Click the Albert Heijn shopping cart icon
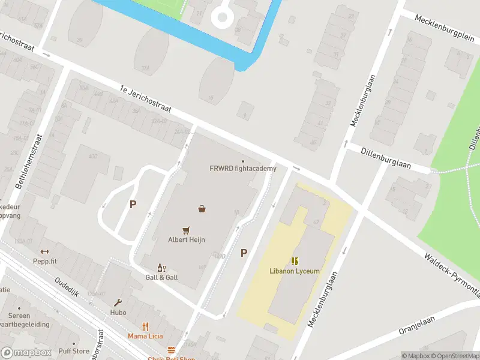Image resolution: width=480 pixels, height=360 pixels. (x=187, y=230)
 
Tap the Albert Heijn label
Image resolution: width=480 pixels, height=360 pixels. (x=187, y=240)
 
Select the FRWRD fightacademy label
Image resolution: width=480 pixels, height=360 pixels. (x=243, y=169)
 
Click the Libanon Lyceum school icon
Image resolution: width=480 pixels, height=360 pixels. (x=295, y=261)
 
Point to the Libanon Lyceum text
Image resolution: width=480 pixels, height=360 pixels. (x=295, y=271)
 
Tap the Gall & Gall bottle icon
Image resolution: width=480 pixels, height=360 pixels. (x=161, y=268)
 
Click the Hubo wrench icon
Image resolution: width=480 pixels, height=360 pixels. (x=118, y=302)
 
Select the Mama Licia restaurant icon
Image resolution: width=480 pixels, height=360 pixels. (x=145, y=327)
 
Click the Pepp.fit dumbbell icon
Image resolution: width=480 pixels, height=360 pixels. (x=44, y=252)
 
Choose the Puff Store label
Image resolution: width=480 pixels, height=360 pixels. (x=74, y=352)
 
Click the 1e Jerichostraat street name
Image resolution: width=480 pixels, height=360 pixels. (x=145, y=100)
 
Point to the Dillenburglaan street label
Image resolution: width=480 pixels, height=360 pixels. (x=386, y=157)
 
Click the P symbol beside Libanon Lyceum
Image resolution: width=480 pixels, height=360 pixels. (x=244, y=253)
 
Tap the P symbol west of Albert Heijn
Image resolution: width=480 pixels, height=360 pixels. (x=133, y=204)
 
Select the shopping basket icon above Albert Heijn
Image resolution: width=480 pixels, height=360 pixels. (x=202, y=209)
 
